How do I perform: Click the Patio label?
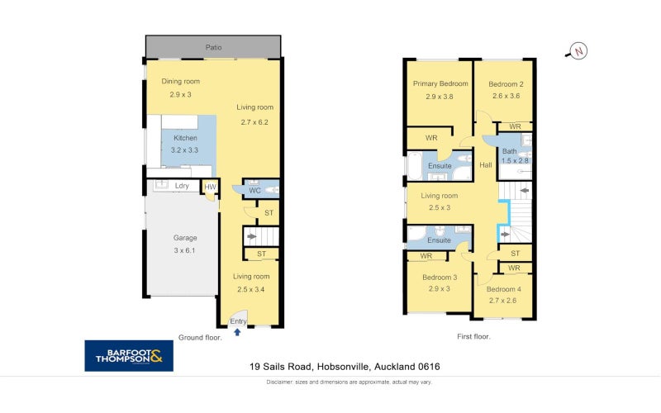coord(213,48)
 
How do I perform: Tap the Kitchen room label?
coord(185,138)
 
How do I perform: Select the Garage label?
coord(185,238)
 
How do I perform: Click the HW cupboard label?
coord(210,187)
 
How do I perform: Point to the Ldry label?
coord(182,186)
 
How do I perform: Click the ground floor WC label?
coord(254,191)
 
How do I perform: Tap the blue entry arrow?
coord(237,332)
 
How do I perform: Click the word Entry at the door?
coord(238,321)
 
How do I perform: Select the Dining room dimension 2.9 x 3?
coord(180,94)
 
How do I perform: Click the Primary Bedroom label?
coord(440,83)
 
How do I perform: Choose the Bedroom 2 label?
coord(506,84)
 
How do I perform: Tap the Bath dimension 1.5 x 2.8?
coord(515,160)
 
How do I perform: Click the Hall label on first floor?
coord(486,165)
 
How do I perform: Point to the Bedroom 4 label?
coord(504,289)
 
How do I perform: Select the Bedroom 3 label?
coord(440,278)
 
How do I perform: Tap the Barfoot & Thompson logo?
coord(129,356)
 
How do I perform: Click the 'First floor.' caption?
coord(473,337)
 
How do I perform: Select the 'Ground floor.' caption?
coord(200,338)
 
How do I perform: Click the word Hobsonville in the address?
coord(343,367)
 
